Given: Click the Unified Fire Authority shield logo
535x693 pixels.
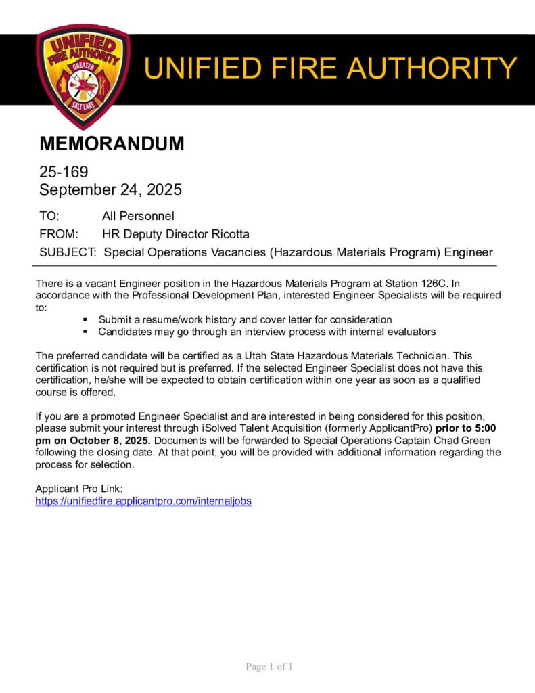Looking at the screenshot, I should [x=83, y=76].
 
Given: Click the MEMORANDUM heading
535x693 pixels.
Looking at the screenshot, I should [x=112, y=143].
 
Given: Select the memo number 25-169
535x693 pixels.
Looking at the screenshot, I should [x=64, y=173].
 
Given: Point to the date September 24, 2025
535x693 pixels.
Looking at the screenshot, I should [x=110, y=190].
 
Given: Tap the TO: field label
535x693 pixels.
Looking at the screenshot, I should [x=49, y=216].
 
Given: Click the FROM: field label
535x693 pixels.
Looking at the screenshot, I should [x=59, y=234].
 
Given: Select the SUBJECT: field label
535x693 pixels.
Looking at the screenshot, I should [x=68, y=252].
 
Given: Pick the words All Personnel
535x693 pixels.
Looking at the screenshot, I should [x=138, y=216].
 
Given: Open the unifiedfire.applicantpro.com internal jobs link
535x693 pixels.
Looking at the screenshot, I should [x=143, y=501].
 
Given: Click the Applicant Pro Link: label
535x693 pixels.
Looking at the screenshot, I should [x=78, y=489].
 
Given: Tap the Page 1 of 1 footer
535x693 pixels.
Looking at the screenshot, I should [x=269, y=667].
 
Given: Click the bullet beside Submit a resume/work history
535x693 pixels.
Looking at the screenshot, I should [x=85, y=319].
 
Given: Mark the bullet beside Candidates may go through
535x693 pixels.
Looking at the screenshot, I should [x=85, y=332].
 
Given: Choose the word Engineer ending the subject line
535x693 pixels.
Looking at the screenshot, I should [x=468, y=252].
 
